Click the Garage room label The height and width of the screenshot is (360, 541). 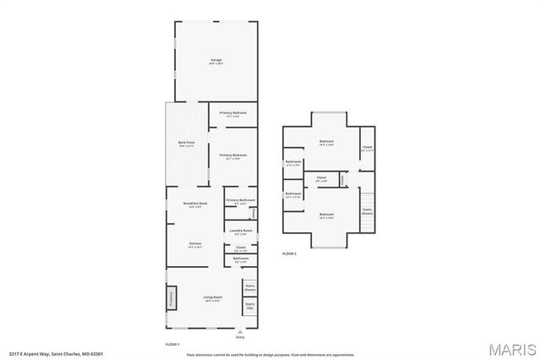[216, 61]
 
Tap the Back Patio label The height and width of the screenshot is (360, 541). [186, 144]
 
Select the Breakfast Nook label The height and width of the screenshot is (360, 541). [195, 205]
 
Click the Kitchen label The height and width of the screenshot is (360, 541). [194, 245]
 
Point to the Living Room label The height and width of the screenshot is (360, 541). [212, 298]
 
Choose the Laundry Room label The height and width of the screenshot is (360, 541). [237, 232]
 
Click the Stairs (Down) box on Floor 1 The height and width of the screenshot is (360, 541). [250, 288]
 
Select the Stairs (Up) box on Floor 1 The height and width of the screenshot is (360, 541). [250, 308]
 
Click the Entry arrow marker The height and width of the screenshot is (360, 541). [251, 331]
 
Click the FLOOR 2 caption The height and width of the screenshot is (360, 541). [289, 254]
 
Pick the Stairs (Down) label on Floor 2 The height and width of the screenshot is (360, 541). [367, 211]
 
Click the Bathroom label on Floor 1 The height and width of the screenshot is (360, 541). [241, 260]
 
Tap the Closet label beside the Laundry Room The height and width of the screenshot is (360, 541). [241, 249]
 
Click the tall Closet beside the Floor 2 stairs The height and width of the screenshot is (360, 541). [367, 150]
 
